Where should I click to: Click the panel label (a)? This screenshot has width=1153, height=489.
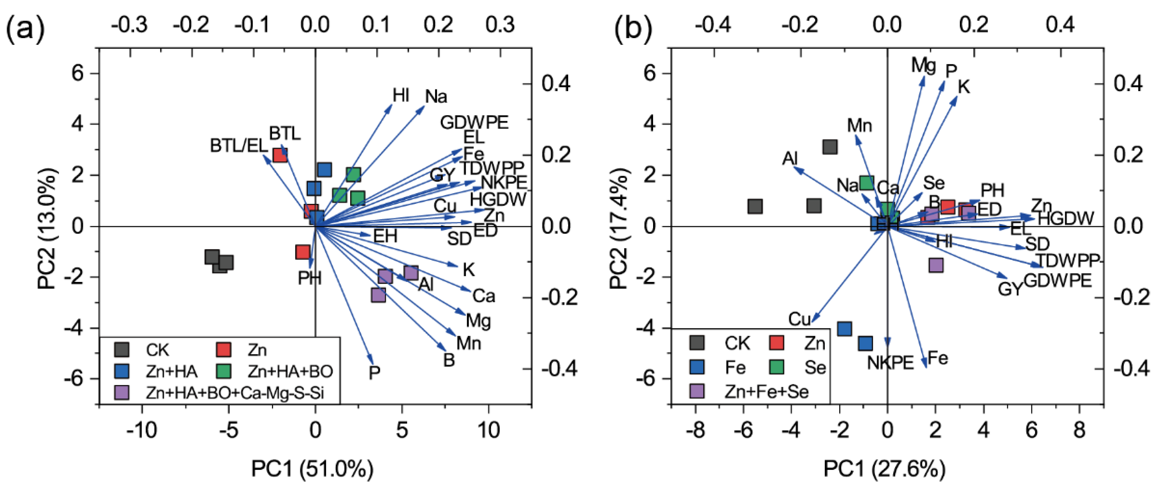coord(25,28)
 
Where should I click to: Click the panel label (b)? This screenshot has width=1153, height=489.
coord(633,28)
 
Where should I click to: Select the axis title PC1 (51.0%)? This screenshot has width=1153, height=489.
coord(312,469)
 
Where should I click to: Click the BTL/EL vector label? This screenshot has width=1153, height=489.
coord(238,146)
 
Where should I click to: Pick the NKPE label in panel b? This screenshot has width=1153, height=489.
coord(890,363)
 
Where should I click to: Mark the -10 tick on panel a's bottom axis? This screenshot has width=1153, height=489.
coord(142,430)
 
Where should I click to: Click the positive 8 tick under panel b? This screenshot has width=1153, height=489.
coord(1079,430)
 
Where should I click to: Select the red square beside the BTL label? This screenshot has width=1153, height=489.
coord(280,155)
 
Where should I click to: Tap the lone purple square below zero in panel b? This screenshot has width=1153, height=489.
coord(935,265)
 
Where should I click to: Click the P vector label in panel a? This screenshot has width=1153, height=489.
coord(374,372)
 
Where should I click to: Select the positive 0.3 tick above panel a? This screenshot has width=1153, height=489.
coord(500,25)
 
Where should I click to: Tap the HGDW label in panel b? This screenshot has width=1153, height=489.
coord(1066,219)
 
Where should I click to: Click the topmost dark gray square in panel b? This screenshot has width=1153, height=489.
coord(830,147)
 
